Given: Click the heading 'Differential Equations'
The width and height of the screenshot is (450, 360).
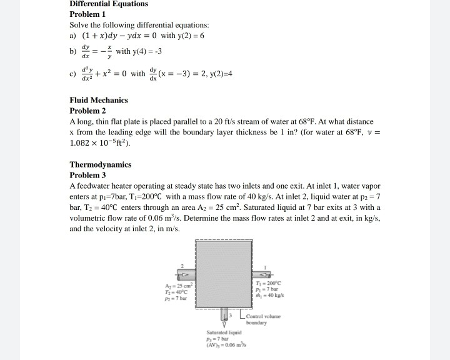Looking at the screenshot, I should [x=109, y=4].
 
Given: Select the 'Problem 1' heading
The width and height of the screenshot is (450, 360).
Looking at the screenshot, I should [x=88, y=14].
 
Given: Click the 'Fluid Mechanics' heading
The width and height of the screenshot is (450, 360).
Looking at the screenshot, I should [x=99, y=100].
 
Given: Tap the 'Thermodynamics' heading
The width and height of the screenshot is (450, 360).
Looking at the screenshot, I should [x=101, y=165].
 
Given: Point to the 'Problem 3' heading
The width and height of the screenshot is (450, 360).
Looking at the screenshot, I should [x=88, y=176].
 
